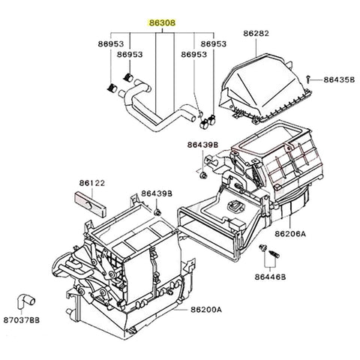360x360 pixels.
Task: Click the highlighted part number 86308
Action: click(x=163, y=23)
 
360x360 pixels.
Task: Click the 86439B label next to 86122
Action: click(x=156, y=193)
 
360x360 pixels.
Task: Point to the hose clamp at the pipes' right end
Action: click(x=208, y=117)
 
